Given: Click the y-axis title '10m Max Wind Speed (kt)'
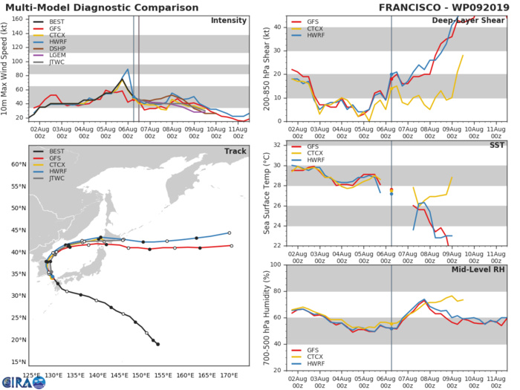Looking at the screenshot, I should tap(6, 67).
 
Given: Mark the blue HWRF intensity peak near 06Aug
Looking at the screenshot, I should tap(128, 69).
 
